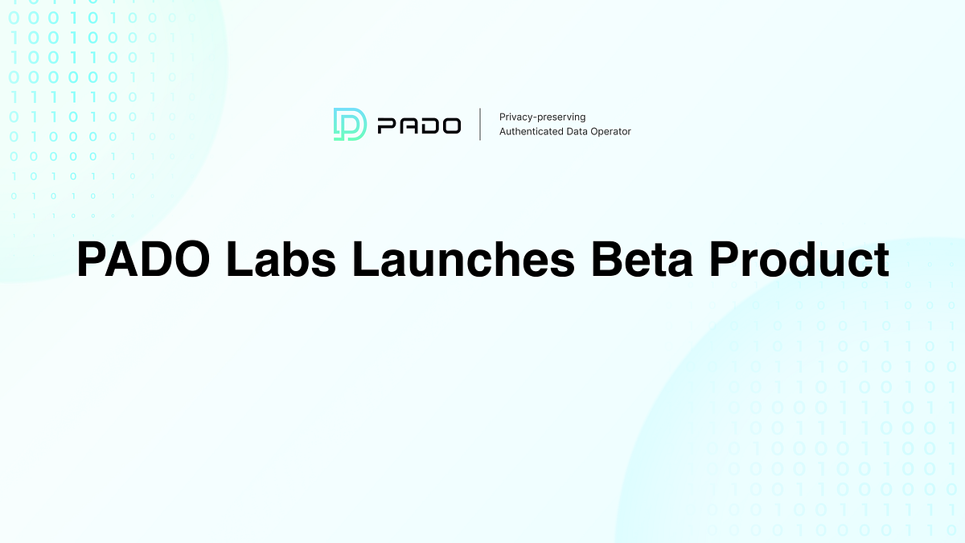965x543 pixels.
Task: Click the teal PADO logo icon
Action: (x=350, y=125)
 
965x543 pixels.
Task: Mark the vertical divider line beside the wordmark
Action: (x=480, y=125)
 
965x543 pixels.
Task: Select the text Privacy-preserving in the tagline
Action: (x=542, y=117)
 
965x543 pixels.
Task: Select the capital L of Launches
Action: (x=364, y=259)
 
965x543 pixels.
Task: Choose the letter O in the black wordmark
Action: (x=449, y=125)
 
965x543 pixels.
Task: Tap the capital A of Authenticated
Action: (x=503, y=131)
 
